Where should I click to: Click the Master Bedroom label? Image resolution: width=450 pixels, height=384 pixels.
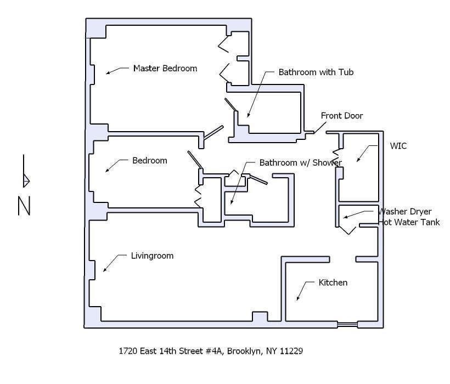[165, 69]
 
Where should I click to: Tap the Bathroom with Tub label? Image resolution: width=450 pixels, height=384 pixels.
[316, 72]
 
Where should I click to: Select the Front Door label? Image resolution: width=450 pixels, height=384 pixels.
[341, 116]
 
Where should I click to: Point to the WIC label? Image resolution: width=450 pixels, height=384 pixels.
[398, 146]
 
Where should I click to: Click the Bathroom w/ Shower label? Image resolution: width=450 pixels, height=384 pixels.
[300, 163]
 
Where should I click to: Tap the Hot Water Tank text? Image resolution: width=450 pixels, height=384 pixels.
[409, 223]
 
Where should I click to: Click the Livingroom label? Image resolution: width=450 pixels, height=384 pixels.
[152, 256]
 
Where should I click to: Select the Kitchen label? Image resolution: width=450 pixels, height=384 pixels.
[333, 283]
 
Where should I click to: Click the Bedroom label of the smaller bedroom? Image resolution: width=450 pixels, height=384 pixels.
[149, 161]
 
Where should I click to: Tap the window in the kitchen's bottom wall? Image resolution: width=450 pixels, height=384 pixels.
[347, 325]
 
